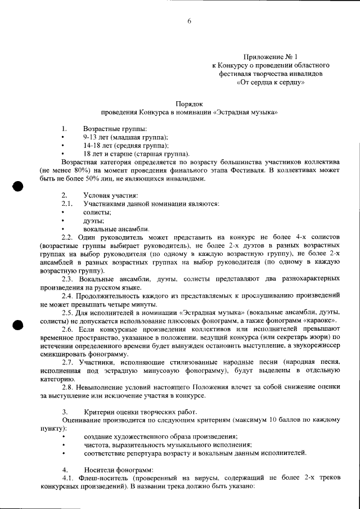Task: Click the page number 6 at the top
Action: pos(189,21)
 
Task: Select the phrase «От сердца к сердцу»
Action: pos(271,82)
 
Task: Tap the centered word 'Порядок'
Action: pos(189,103)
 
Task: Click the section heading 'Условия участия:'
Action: pos(110,195)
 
